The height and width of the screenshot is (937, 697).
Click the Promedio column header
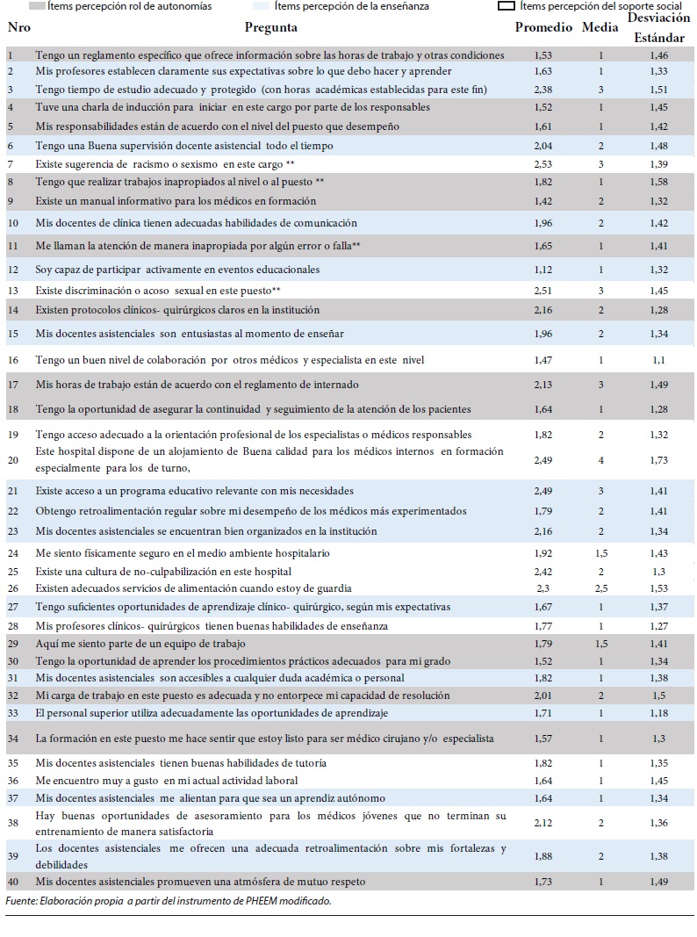pyautogui.click(x=543, y=27)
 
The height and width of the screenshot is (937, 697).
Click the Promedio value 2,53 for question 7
pyautogui.click(x=543, y=164)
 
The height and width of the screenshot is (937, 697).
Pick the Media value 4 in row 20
pyautogui.click(x=601, y=458)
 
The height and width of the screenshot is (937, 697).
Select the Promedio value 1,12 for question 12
pyautogui.click(x=543, y=270)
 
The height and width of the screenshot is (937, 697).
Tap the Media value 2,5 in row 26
pyautogui.click(x=601, y=588)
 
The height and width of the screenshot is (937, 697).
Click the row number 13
pyautogui.click(x=13, y=290)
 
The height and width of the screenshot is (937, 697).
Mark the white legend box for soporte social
pyautogui.click(x=506, y=5)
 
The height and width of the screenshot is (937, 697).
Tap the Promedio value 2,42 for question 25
pyautogui.click(x=543, y=571)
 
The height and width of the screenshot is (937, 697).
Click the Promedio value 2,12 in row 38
pyautogui.click(x=543, y=823)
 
